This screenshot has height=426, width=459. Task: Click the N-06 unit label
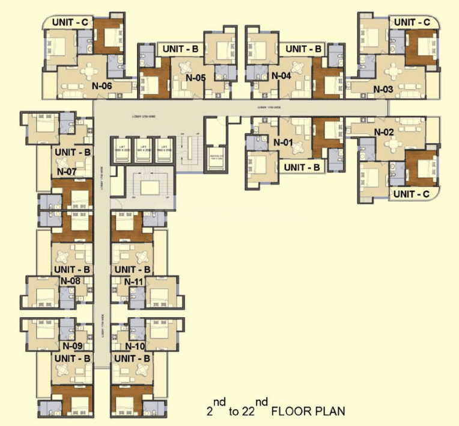102,85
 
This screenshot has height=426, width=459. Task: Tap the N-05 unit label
196,77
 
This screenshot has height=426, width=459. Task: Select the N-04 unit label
281,76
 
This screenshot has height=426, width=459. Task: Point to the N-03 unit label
383,90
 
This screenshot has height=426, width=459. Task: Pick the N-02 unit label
385,132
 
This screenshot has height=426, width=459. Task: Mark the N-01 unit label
282,143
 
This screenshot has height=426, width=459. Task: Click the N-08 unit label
71,281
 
